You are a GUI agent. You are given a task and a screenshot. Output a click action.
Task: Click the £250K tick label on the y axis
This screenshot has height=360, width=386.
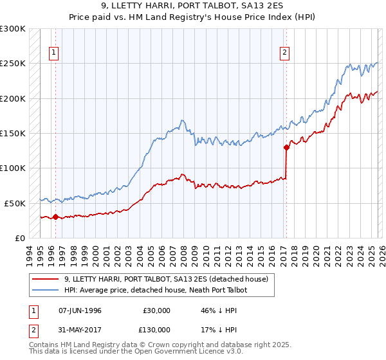point(13,64)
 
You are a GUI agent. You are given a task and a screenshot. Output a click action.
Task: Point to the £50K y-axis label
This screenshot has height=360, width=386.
point(15,203)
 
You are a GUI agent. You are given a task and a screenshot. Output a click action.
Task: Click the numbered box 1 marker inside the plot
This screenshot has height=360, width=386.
point(55,53)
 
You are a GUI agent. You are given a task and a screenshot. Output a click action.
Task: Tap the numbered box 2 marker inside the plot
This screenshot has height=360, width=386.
point(284,53)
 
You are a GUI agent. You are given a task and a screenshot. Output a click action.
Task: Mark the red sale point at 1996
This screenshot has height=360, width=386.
point(55,217)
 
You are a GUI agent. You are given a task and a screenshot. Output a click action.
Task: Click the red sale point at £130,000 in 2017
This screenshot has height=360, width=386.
point(286,147)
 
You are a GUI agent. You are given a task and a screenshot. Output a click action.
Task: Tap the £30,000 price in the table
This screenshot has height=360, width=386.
point(157,310)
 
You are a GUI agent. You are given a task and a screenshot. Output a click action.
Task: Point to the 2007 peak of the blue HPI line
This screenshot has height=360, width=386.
point(183,120)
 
